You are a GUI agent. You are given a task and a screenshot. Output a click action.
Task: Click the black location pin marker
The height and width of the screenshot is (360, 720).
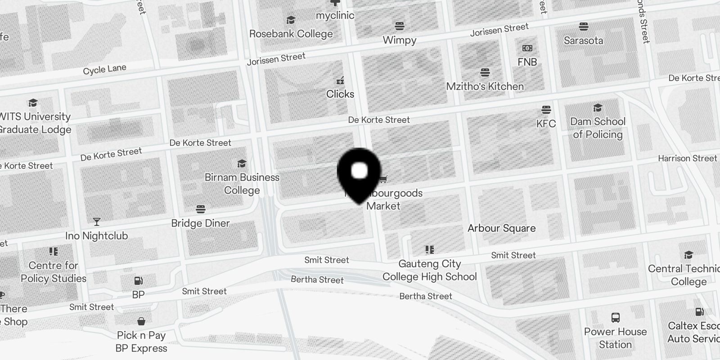359,173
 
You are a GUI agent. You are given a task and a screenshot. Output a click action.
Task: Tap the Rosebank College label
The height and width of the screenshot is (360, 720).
291,34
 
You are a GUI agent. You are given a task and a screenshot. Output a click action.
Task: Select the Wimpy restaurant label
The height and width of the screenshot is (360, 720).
399,40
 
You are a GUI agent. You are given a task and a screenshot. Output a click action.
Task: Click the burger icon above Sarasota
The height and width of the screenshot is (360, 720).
584,27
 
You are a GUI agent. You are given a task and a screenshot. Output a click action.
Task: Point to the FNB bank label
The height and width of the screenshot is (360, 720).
527,62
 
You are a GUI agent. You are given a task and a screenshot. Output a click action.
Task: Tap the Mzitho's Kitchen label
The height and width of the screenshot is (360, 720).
485,86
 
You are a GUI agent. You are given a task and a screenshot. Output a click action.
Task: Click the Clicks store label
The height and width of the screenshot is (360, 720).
340,94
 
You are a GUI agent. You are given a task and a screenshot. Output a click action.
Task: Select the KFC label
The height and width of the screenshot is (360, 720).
546,124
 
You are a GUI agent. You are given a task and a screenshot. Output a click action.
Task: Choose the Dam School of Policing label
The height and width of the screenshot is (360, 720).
598,128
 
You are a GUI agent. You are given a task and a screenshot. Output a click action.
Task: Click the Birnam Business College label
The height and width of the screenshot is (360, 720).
242,184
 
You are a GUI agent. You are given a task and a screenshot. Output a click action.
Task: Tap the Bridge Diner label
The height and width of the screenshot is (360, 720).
200,223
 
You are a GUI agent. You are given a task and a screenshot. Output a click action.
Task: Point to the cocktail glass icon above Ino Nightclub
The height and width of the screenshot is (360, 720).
96,222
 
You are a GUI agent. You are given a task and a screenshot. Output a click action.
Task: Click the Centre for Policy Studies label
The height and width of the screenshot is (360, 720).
54,272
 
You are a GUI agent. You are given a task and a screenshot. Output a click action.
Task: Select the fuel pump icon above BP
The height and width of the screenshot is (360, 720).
138,281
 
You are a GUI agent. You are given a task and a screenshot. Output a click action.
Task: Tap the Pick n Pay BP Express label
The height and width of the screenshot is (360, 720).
141,342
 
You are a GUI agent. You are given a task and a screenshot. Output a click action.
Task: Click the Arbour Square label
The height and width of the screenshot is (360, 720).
501,228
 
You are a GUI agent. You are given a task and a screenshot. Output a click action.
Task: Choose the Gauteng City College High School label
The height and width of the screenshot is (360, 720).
429,270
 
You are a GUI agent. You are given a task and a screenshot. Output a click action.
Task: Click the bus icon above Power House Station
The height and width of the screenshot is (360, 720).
615,318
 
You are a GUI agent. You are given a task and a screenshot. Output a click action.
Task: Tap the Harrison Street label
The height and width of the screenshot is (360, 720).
687,158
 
